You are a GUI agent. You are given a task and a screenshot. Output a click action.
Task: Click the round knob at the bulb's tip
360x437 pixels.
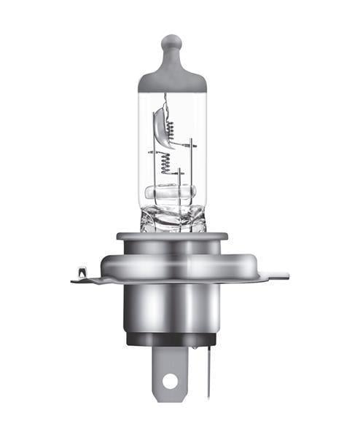click(171, 42)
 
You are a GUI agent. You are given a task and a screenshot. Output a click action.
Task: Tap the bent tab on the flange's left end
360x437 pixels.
click(81, 275)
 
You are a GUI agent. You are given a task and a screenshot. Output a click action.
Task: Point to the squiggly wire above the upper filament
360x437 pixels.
click(167, 102)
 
